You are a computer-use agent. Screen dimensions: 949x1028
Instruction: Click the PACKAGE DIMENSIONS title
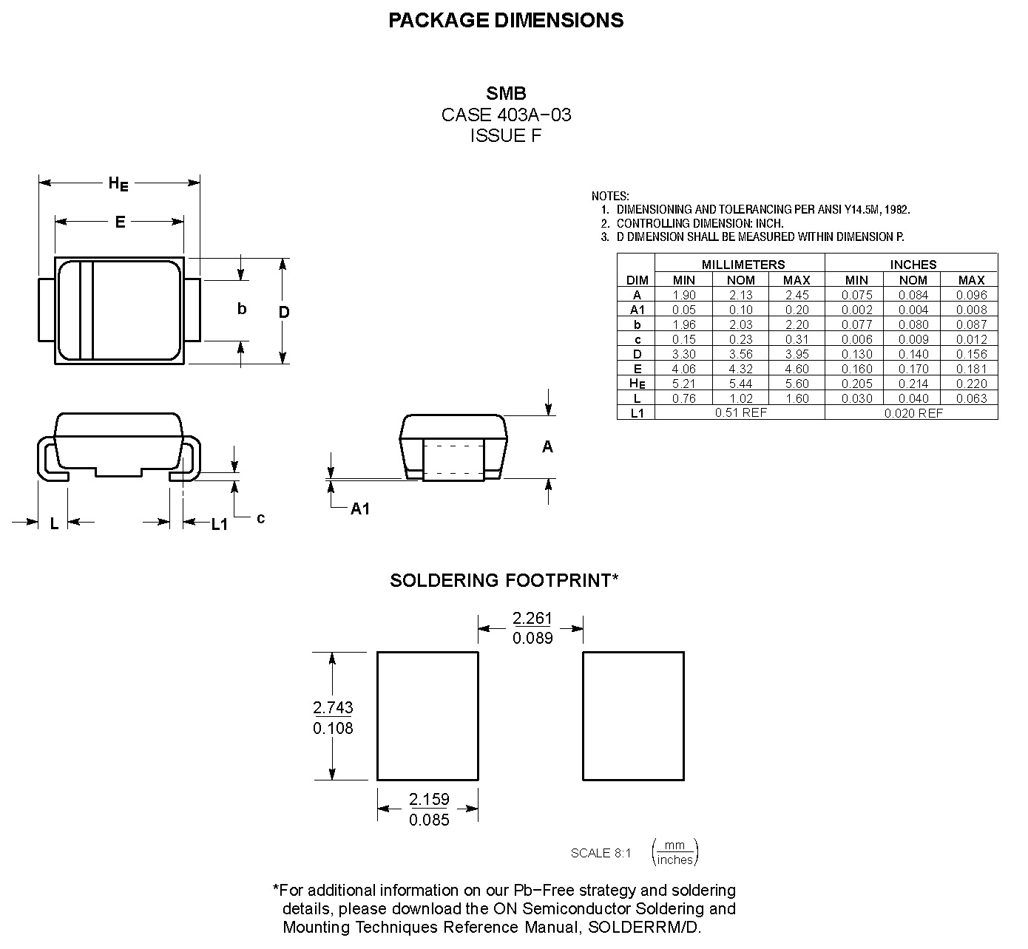pos(506,21)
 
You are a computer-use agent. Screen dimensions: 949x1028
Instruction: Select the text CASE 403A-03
pos(506,115)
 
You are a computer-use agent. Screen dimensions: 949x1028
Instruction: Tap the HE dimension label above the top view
pos(118,183)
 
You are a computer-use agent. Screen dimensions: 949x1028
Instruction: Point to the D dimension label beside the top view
pos(284,312)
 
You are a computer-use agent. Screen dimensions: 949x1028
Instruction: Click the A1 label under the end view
pos(360,508)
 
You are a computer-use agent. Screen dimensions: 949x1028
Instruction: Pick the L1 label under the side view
pos(220,524)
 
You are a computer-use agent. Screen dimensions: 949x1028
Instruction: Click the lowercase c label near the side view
pos(261,518)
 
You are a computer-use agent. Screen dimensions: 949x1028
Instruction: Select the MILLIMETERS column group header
pos(743,265)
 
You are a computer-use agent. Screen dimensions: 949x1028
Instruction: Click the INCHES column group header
pos(913,265)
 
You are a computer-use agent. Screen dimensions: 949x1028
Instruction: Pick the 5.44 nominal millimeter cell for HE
pos(740,384)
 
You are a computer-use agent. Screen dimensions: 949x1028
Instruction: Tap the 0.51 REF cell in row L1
pos(740,412)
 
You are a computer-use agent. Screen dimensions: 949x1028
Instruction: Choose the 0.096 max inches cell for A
pos(971,295)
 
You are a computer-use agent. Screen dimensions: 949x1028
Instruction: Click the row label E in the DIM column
pos(638,369)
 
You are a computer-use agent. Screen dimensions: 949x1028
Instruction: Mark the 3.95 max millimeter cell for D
pos(797,354)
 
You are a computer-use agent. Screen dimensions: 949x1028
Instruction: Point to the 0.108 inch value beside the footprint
pos(333,728)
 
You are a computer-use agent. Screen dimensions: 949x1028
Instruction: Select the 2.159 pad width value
pos(429,799)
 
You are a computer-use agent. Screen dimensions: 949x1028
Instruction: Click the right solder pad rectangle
pos(633,715)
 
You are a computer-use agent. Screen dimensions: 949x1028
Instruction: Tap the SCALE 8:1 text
pos(601,853)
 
